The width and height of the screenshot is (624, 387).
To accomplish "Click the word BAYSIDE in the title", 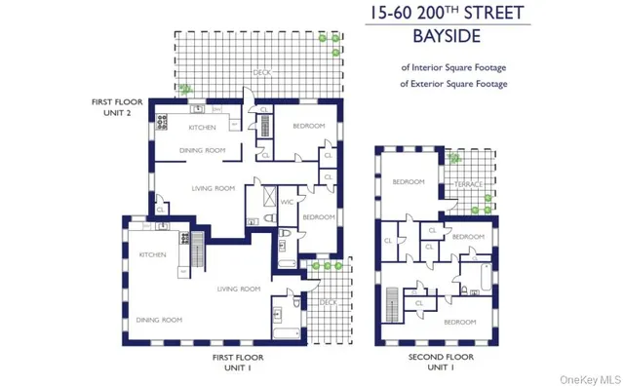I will click(x=455, y=38).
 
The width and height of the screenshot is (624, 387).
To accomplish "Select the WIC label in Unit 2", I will click(x=287, y=202).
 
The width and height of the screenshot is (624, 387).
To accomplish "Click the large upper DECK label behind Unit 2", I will click(x=262, y=73).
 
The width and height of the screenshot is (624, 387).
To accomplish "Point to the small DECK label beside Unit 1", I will click(x=329, y=302).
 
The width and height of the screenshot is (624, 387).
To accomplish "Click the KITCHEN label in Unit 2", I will click(x=202, y=128).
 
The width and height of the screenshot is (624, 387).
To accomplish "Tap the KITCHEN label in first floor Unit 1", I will click(x=153, y=255).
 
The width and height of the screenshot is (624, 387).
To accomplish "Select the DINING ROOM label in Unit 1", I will click(x=159, y=320).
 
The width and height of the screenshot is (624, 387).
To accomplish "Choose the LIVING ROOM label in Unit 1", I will click(x=240, y=289).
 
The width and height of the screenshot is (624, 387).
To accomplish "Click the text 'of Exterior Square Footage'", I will click(x=454, y=84).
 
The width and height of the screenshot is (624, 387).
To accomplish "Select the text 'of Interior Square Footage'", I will click(x=454, y=67).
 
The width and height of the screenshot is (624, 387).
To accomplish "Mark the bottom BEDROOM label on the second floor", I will click(x=459, y=321).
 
